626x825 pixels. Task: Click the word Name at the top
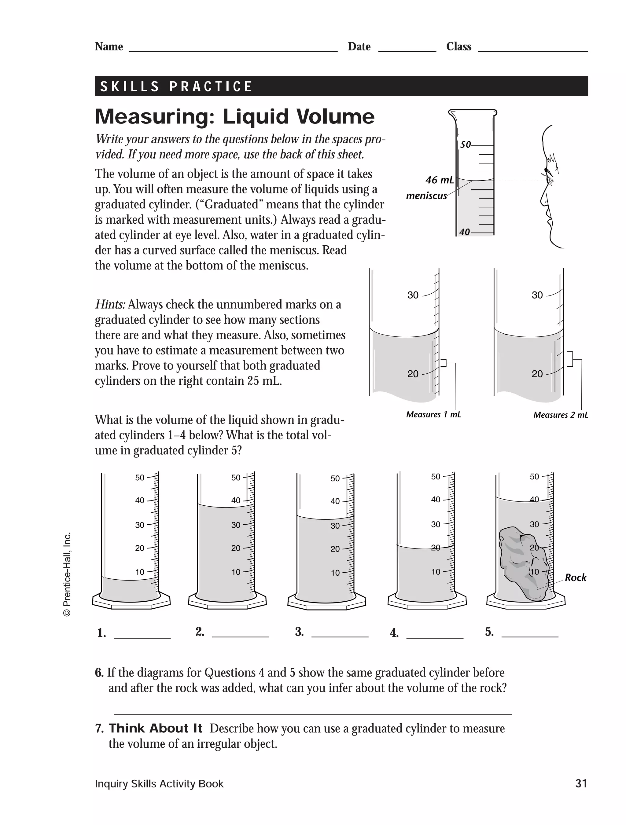click(x=109, y=47)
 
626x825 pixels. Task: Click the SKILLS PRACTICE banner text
click(x=176, y=86)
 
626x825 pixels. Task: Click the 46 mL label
click(x=439, y=180)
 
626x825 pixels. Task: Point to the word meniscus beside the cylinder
click(x=426, y=196)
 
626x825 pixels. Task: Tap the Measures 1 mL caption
click(x=433, y=415)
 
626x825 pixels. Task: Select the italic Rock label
click(x=575, y=578)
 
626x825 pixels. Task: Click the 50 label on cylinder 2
click(x=236, y=478)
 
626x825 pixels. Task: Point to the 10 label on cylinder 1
click(x=139, y=572)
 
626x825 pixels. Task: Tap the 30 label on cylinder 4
click(x=435, y=524)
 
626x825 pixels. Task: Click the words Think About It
click(x=155, y=728)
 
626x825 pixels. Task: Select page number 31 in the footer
click(x=581, y=784)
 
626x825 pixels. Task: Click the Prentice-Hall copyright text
click(x=67, y=574)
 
